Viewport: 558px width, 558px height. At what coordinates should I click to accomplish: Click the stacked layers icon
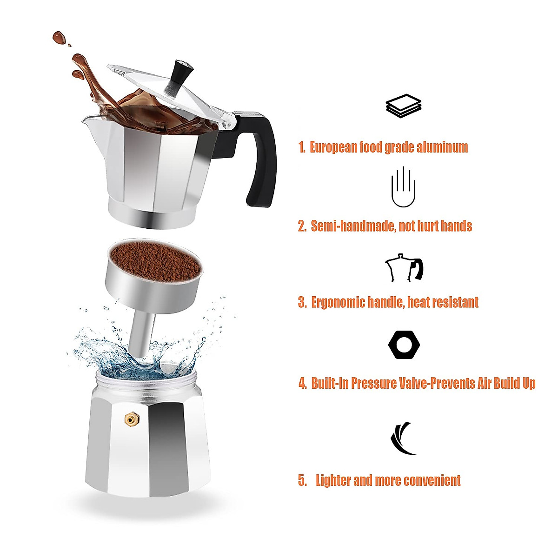point(403,106)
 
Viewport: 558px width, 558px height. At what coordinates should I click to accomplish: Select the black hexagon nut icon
point(404,345)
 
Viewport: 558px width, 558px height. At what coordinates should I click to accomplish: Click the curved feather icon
point(403,438)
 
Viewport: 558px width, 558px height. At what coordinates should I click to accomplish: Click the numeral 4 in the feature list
point(303,384)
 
